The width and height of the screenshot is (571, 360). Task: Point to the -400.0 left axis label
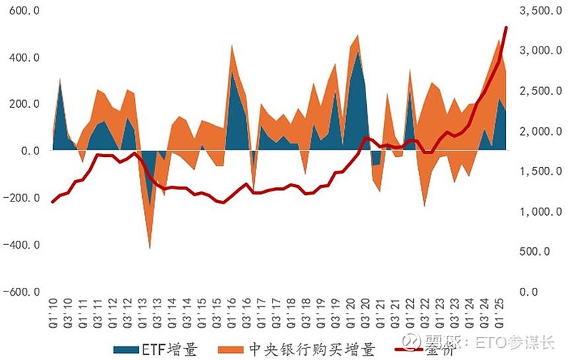pyautogui.click(x=23, y=245)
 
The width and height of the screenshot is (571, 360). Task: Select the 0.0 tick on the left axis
pyautogui.click(x=31, y=151)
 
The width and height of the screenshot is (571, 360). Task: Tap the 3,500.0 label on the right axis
pyautogui.click(x=532, y=11)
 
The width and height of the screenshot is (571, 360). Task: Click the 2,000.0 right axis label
pyautogui.click(x=532, y=131)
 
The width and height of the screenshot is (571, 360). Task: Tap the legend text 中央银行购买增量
pyautogui.click(x=311, y=349)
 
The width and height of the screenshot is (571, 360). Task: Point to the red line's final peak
pyautogui.click(x=506, y=28)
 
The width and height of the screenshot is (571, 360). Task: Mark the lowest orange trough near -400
pyautogui.click(x=150, y=248)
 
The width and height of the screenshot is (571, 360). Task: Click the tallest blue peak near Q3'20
pyautogui.click(x=358, y=52)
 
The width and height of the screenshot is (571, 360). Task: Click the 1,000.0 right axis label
pyautogui.click(x=532, y=212)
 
